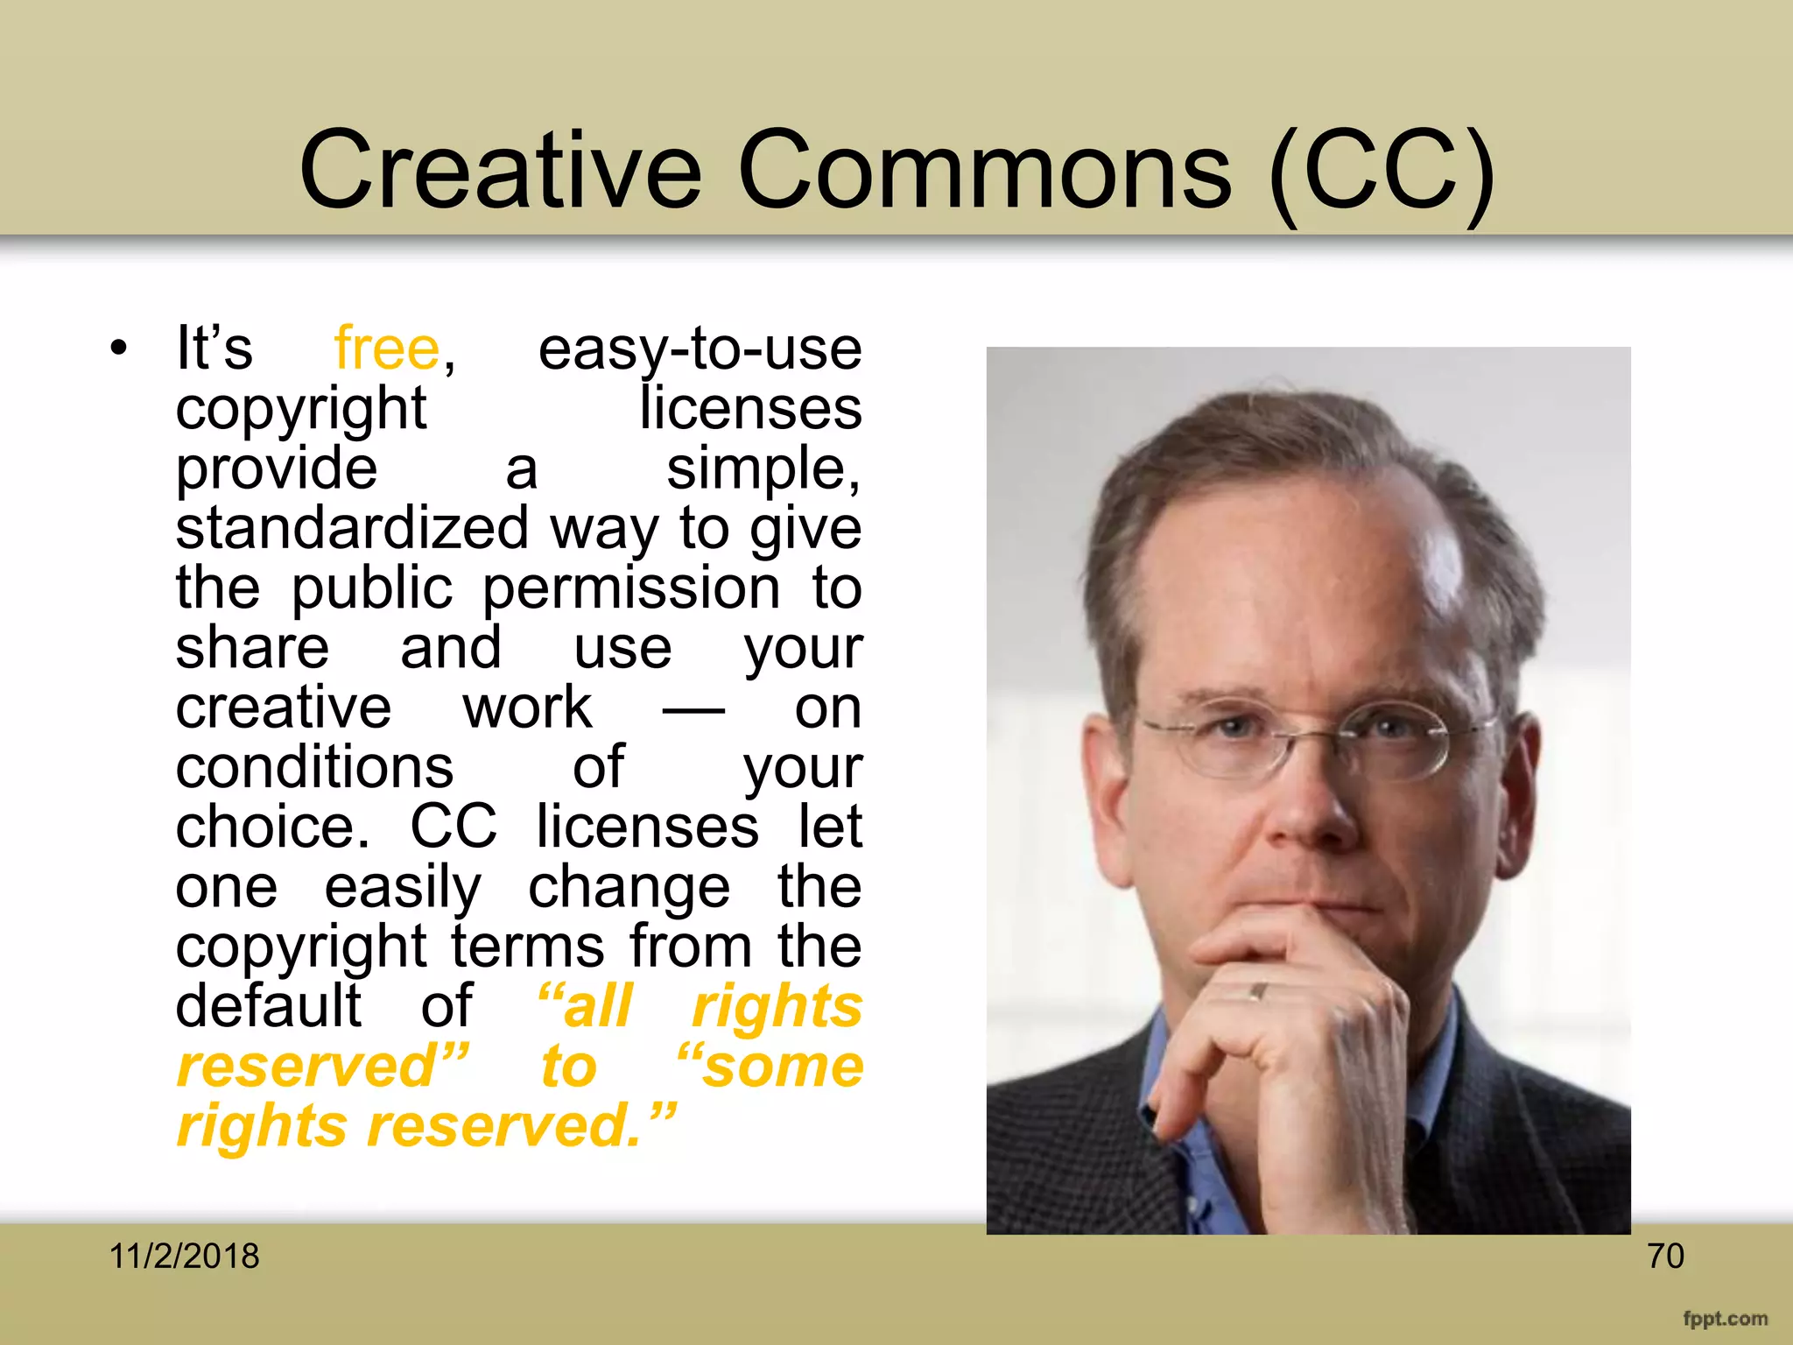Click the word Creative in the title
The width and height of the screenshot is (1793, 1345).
500,170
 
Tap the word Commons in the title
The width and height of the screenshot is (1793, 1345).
984,170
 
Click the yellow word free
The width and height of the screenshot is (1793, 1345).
387,349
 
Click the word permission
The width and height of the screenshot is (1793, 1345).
631,588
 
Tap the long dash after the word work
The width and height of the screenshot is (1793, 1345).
693,709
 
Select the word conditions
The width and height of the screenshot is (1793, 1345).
314,768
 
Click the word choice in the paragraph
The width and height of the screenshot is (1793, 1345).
271,827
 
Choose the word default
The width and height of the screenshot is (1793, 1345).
268,1006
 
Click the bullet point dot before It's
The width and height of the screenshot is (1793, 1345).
119,349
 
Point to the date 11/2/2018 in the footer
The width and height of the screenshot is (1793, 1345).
184,1257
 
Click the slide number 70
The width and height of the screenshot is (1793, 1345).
1665,1257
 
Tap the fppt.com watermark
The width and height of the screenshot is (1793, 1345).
1725,1319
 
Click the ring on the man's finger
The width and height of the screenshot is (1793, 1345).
1258,991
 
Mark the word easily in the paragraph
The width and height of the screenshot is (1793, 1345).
403,888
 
